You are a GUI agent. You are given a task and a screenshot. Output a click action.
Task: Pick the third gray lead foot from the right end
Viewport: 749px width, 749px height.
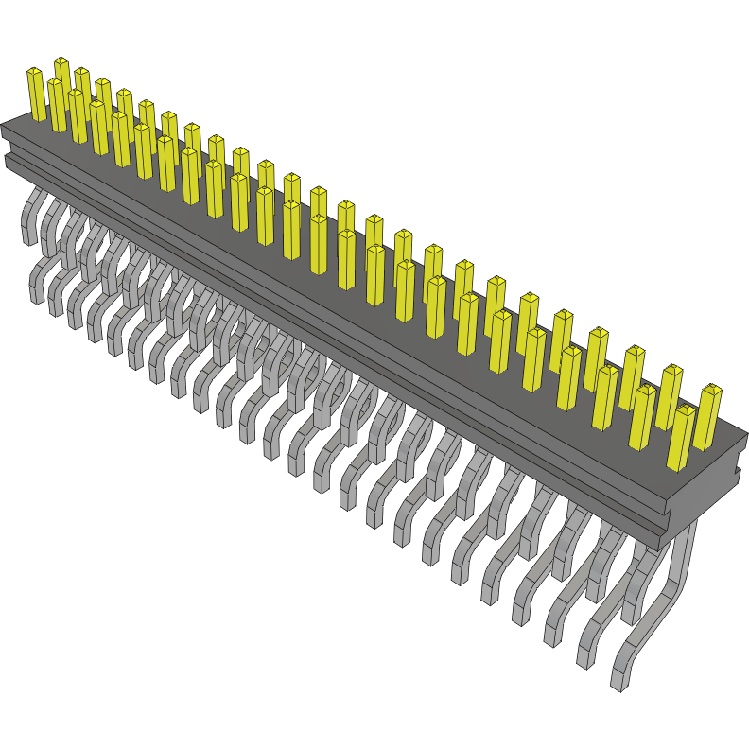click(552, 634)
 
